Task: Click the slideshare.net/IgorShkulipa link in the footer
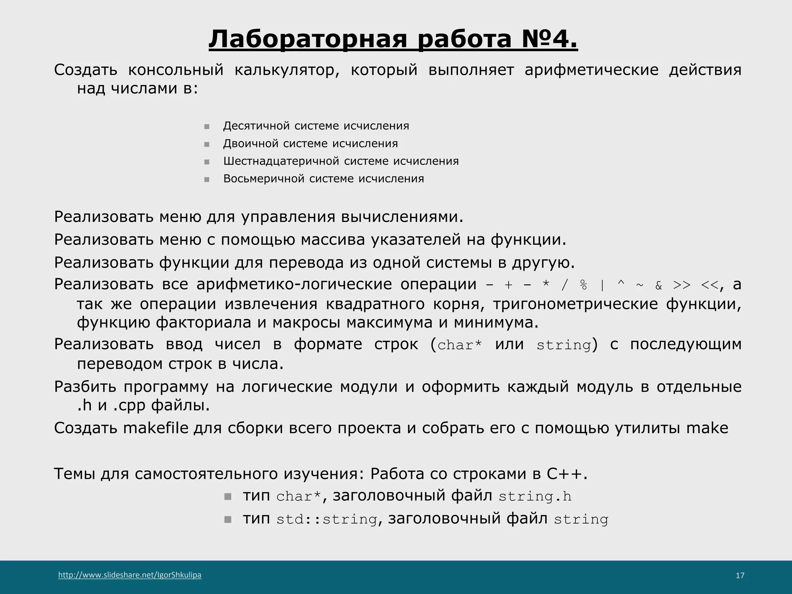coord(130,575)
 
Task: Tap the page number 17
coord(740,575)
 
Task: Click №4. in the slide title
coord(549,39)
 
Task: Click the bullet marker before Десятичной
coord(207,126)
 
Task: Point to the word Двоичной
coord(250,143)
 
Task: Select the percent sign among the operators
coord(584,285)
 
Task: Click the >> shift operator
coord(682,285)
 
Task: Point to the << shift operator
coord(710,285)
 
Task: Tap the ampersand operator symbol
coord(659,285)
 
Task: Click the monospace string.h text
coord(535,496)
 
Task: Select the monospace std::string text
coord(327,519)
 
